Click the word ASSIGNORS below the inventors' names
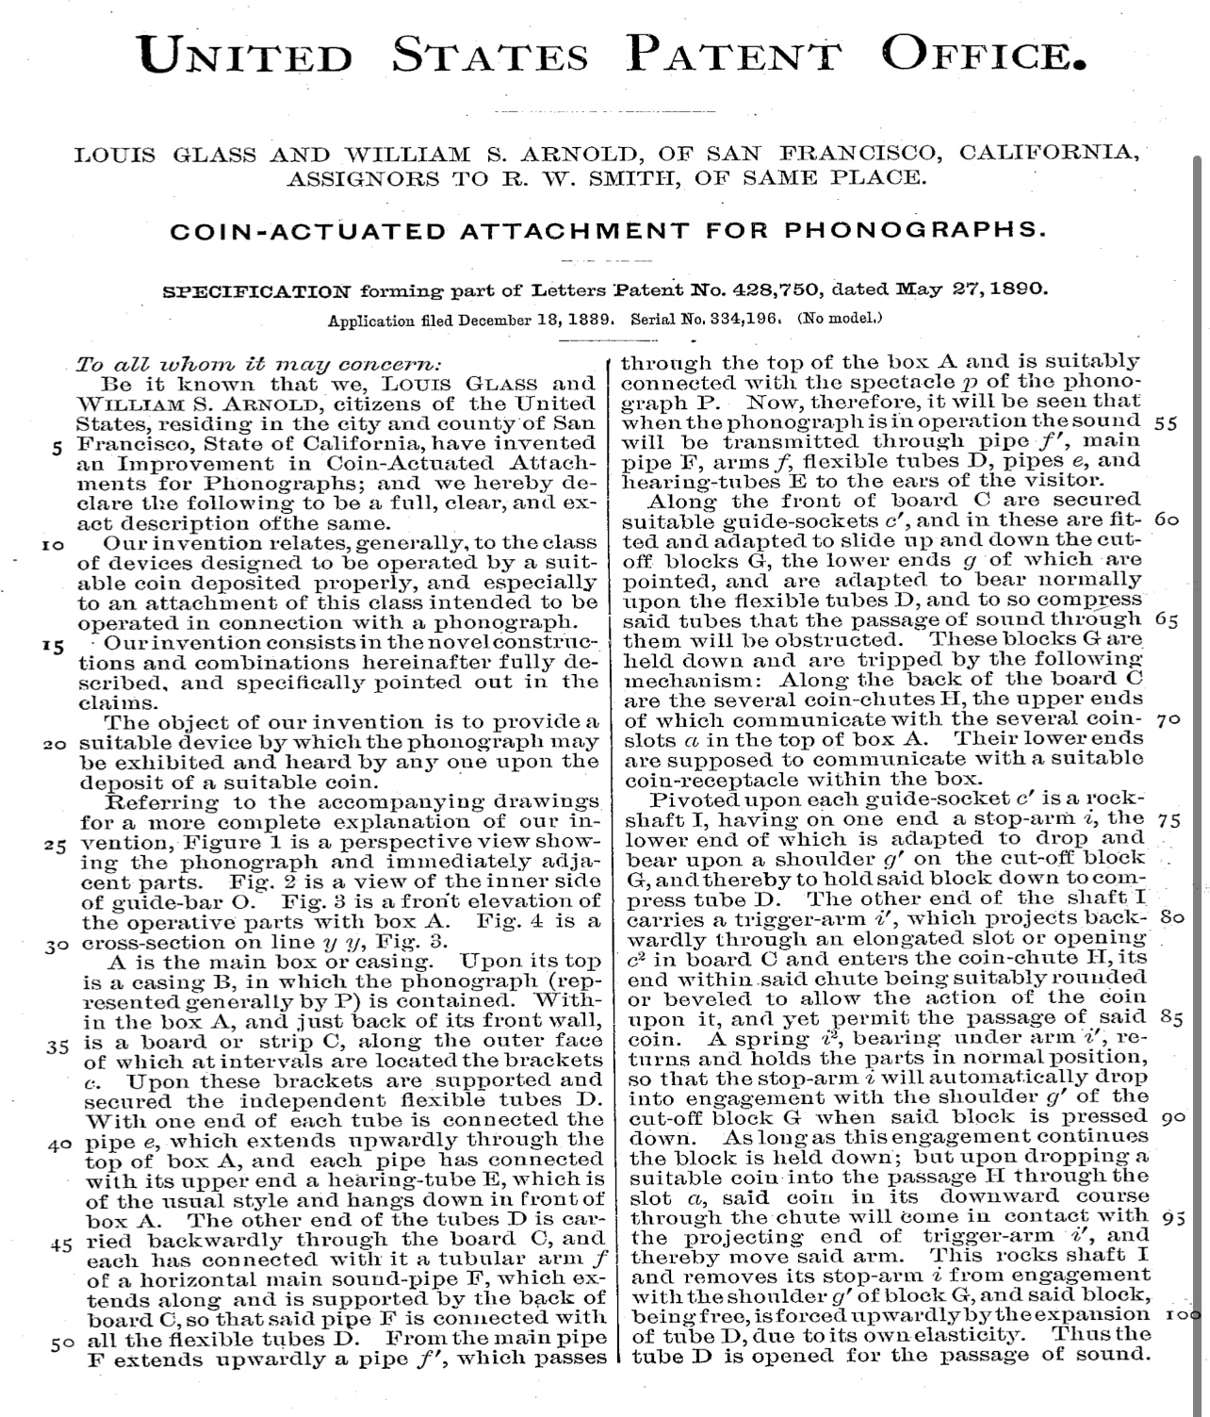[x=364, y=177]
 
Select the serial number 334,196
[x=744, y=319]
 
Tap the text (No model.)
[x=840, y=318]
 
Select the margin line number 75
[x=1169, y=820]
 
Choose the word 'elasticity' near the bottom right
[x=987, y=1335]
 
